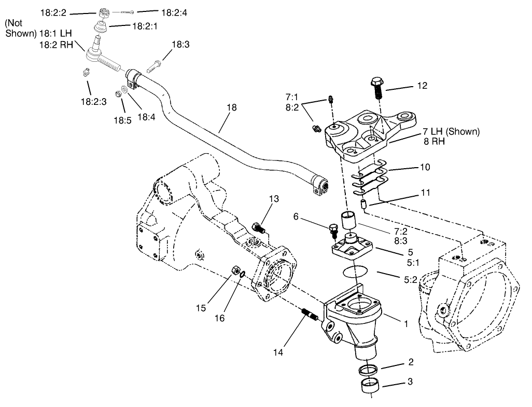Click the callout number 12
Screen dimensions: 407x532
(x=422, y=86)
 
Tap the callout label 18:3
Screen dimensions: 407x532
(x=180, y=45)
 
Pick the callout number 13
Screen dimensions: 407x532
(x=274, y=199)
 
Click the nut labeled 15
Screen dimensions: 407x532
(x=234, y=270)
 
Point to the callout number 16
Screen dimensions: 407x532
(x=220, y=318)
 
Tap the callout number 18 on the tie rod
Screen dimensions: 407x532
(x=231, y=108)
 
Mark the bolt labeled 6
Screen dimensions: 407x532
(x=333, y=227)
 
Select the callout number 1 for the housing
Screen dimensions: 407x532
(x=406, y=323)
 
